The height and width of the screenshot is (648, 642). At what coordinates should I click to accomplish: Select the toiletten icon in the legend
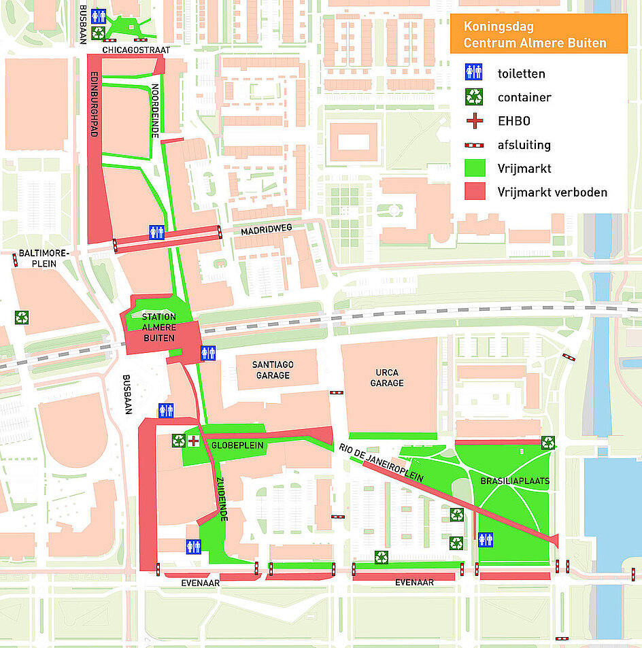pos(474,73)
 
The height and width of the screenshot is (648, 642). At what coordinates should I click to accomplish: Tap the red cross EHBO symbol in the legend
pos(474,120)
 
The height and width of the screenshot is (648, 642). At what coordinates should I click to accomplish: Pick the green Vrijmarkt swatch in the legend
pos(474,168)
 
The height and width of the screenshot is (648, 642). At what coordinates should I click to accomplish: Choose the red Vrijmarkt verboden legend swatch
pos(474,192)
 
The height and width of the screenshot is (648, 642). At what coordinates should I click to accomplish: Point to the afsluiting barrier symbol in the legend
pos(474,145)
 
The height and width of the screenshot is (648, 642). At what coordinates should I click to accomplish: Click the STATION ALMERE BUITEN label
pos(158,327)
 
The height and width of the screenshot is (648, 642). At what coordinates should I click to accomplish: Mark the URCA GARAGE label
pos(387,377)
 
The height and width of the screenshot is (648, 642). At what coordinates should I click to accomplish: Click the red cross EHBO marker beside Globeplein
pos(194,441)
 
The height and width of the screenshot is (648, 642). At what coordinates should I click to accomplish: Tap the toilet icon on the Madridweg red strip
pos(157,233)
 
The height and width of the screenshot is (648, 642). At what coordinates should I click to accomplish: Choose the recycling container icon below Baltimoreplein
pos(22,317)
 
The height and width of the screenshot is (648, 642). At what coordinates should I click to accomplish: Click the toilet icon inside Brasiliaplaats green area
pos(486,540)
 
